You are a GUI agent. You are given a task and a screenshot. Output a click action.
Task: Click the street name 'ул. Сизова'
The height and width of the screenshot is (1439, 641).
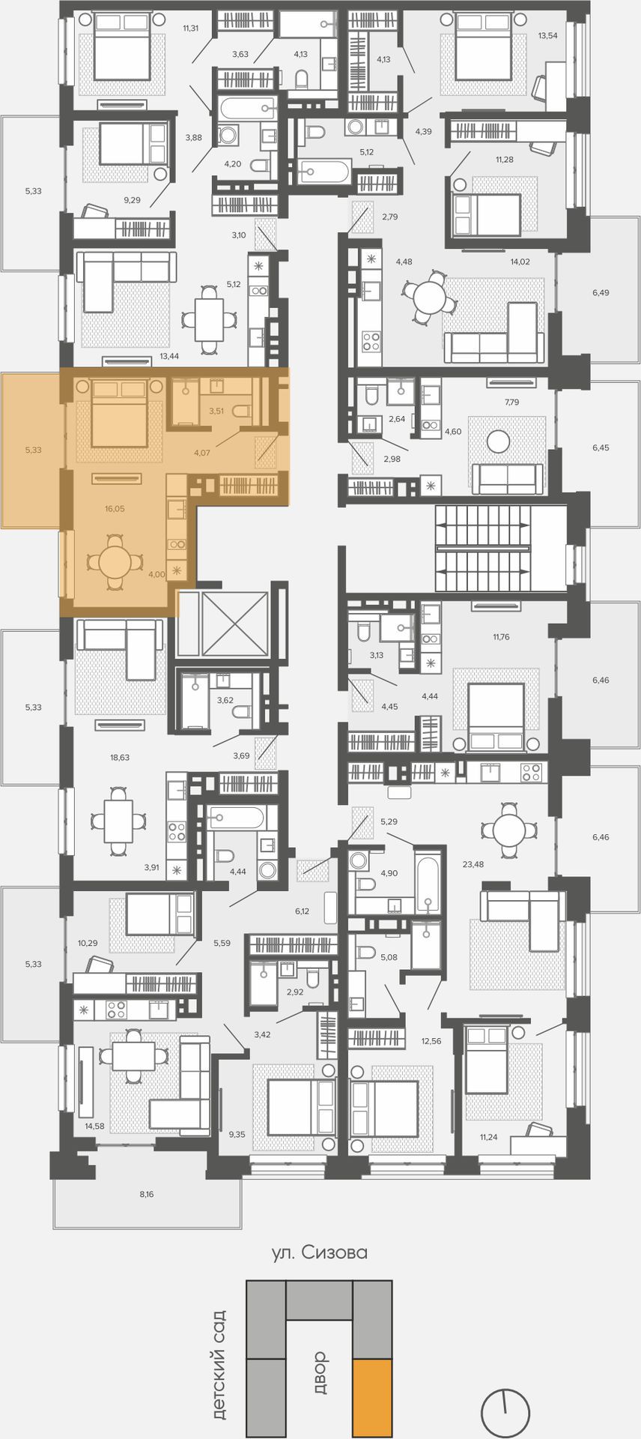(320, 1252)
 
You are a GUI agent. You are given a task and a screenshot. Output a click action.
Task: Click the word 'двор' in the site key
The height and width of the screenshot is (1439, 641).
(320, 1371)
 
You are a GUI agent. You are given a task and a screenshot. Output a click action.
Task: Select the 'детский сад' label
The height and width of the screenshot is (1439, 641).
(219, 1364)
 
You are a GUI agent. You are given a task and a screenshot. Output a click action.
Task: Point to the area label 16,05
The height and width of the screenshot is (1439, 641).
(115, 508)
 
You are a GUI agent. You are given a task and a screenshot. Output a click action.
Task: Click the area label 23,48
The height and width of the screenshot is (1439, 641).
(473, 864)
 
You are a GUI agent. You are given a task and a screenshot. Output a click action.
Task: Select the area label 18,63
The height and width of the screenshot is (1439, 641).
(120, 757)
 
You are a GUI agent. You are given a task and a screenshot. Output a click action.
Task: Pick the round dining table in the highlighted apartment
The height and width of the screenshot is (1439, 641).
(115, 561)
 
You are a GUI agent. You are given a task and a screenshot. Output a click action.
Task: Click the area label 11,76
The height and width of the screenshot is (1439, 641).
(501, 637)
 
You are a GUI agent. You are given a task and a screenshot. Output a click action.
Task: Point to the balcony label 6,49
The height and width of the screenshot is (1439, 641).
(601, 292)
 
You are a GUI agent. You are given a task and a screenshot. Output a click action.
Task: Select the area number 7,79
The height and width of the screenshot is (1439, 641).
(512, 402)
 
